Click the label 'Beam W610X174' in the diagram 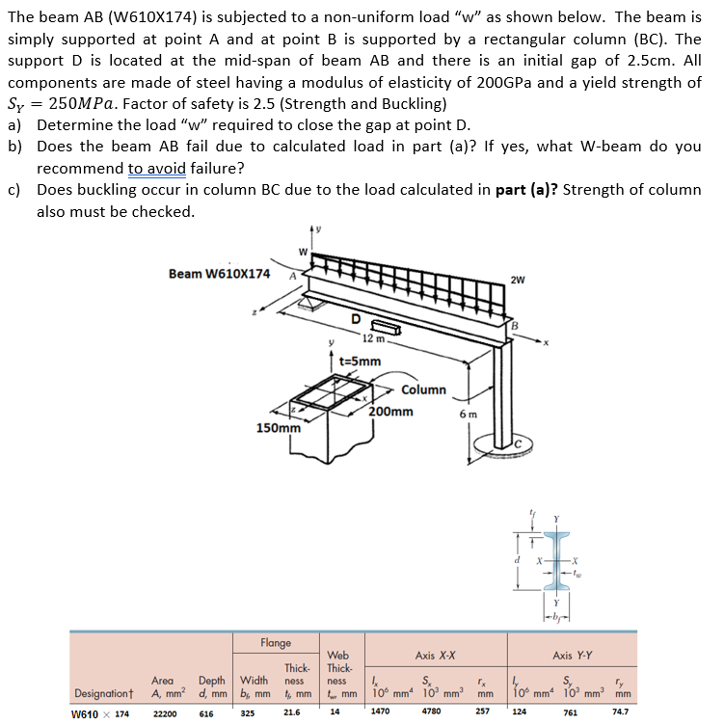point(219,274)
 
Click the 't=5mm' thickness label point(360,362)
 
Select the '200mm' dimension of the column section point(390,412)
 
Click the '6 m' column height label point(469,413)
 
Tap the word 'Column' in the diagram point(423,389)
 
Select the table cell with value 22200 point(165,713)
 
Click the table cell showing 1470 point(382,713)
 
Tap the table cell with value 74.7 point(621,713)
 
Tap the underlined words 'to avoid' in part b point(157,167)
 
